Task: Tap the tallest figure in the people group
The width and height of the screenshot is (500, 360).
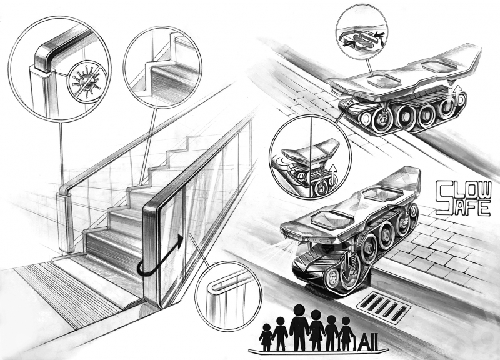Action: (x=299, y=327)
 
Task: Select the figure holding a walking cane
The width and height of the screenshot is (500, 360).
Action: (x=346, y=334)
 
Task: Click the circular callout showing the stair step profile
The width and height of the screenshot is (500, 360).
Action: (x=162, y=67)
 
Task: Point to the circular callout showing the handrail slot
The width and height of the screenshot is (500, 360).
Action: (x=228, y=295)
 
